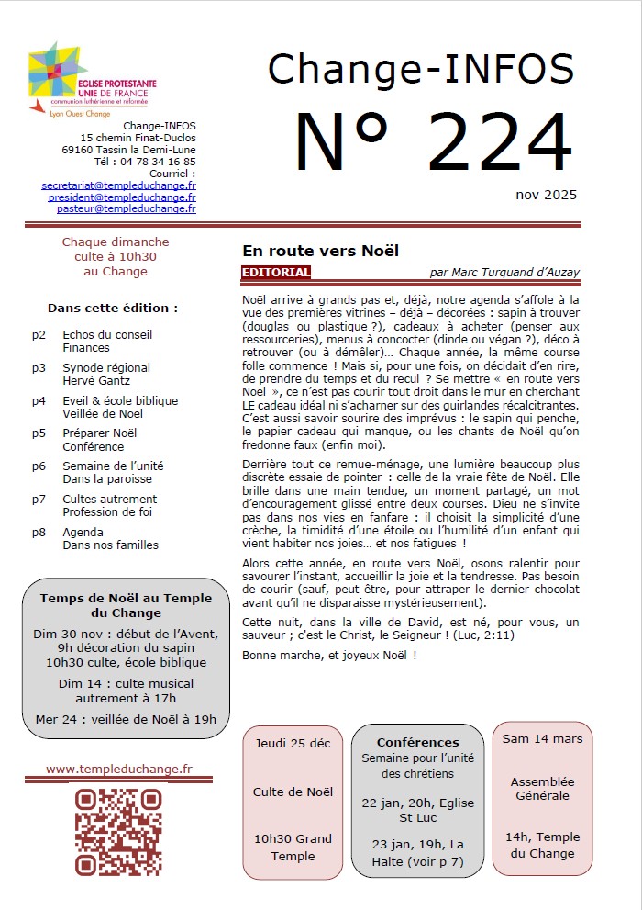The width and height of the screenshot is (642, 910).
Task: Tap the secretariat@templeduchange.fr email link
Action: click(118, 185)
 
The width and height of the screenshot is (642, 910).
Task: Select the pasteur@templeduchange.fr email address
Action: click(126, 208)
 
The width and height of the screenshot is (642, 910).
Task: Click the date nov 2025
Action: click(546, 195)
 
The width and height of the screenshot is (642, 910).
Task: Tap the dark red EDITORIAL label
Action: click(276, 273)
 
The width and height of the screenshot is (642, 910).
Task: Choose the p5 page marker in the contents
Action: click(39, 433)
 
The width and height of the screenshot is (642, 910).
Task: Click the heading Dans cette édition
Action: click(113, 309)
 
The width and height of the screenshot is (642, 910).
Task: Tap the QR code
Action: click(118, 831)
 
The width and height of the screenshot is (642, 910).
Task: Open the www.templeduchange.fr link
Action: click(119, 769)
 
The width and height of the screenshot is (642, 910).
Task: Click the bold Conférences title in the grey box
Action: click(417, 742)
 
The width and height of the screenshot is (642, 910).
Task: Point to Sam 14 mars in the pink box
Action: click(542, 739)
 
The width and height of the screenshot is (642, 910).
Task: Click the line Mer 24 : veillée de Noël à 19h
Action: click(126, 719)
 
